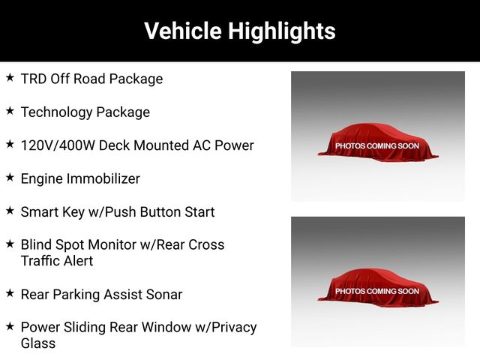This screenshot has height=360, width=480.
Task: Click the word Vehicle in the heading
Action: click(x=183, y=31)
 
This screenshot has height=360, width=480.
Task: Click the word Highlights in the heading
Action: click(x=282, y=31)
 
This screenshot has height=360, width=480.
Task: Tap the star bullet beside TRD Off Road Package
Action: click(x=10, y=77)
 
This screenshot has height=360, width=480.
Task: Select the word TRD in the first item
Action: click(x=34, y=79)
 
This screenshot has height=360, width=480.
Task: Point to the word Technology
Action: click(x=56, y=112)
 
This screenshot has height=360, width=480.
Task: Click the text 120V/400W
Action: click(x=58, y=145)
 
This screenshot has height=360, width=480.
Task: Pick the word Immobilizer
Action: click(x=103, y=178)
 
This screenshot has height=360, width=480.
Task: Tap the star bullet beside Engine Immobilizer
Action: click(x=10, y=177)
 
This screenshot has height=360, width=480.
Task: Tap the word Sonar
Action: click(x=164, y=295)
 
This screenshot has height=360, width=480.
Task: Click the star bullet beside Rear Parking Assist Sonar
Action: click(x=10, y=293)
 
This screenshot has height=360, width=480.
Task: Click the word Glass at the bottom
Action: click(x=38, y=343)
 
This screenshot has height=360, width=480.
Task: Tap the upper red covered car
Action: click(x=378, y=142)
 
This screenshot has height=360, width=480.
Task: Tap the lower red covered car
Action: click(x=378, y=288)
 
